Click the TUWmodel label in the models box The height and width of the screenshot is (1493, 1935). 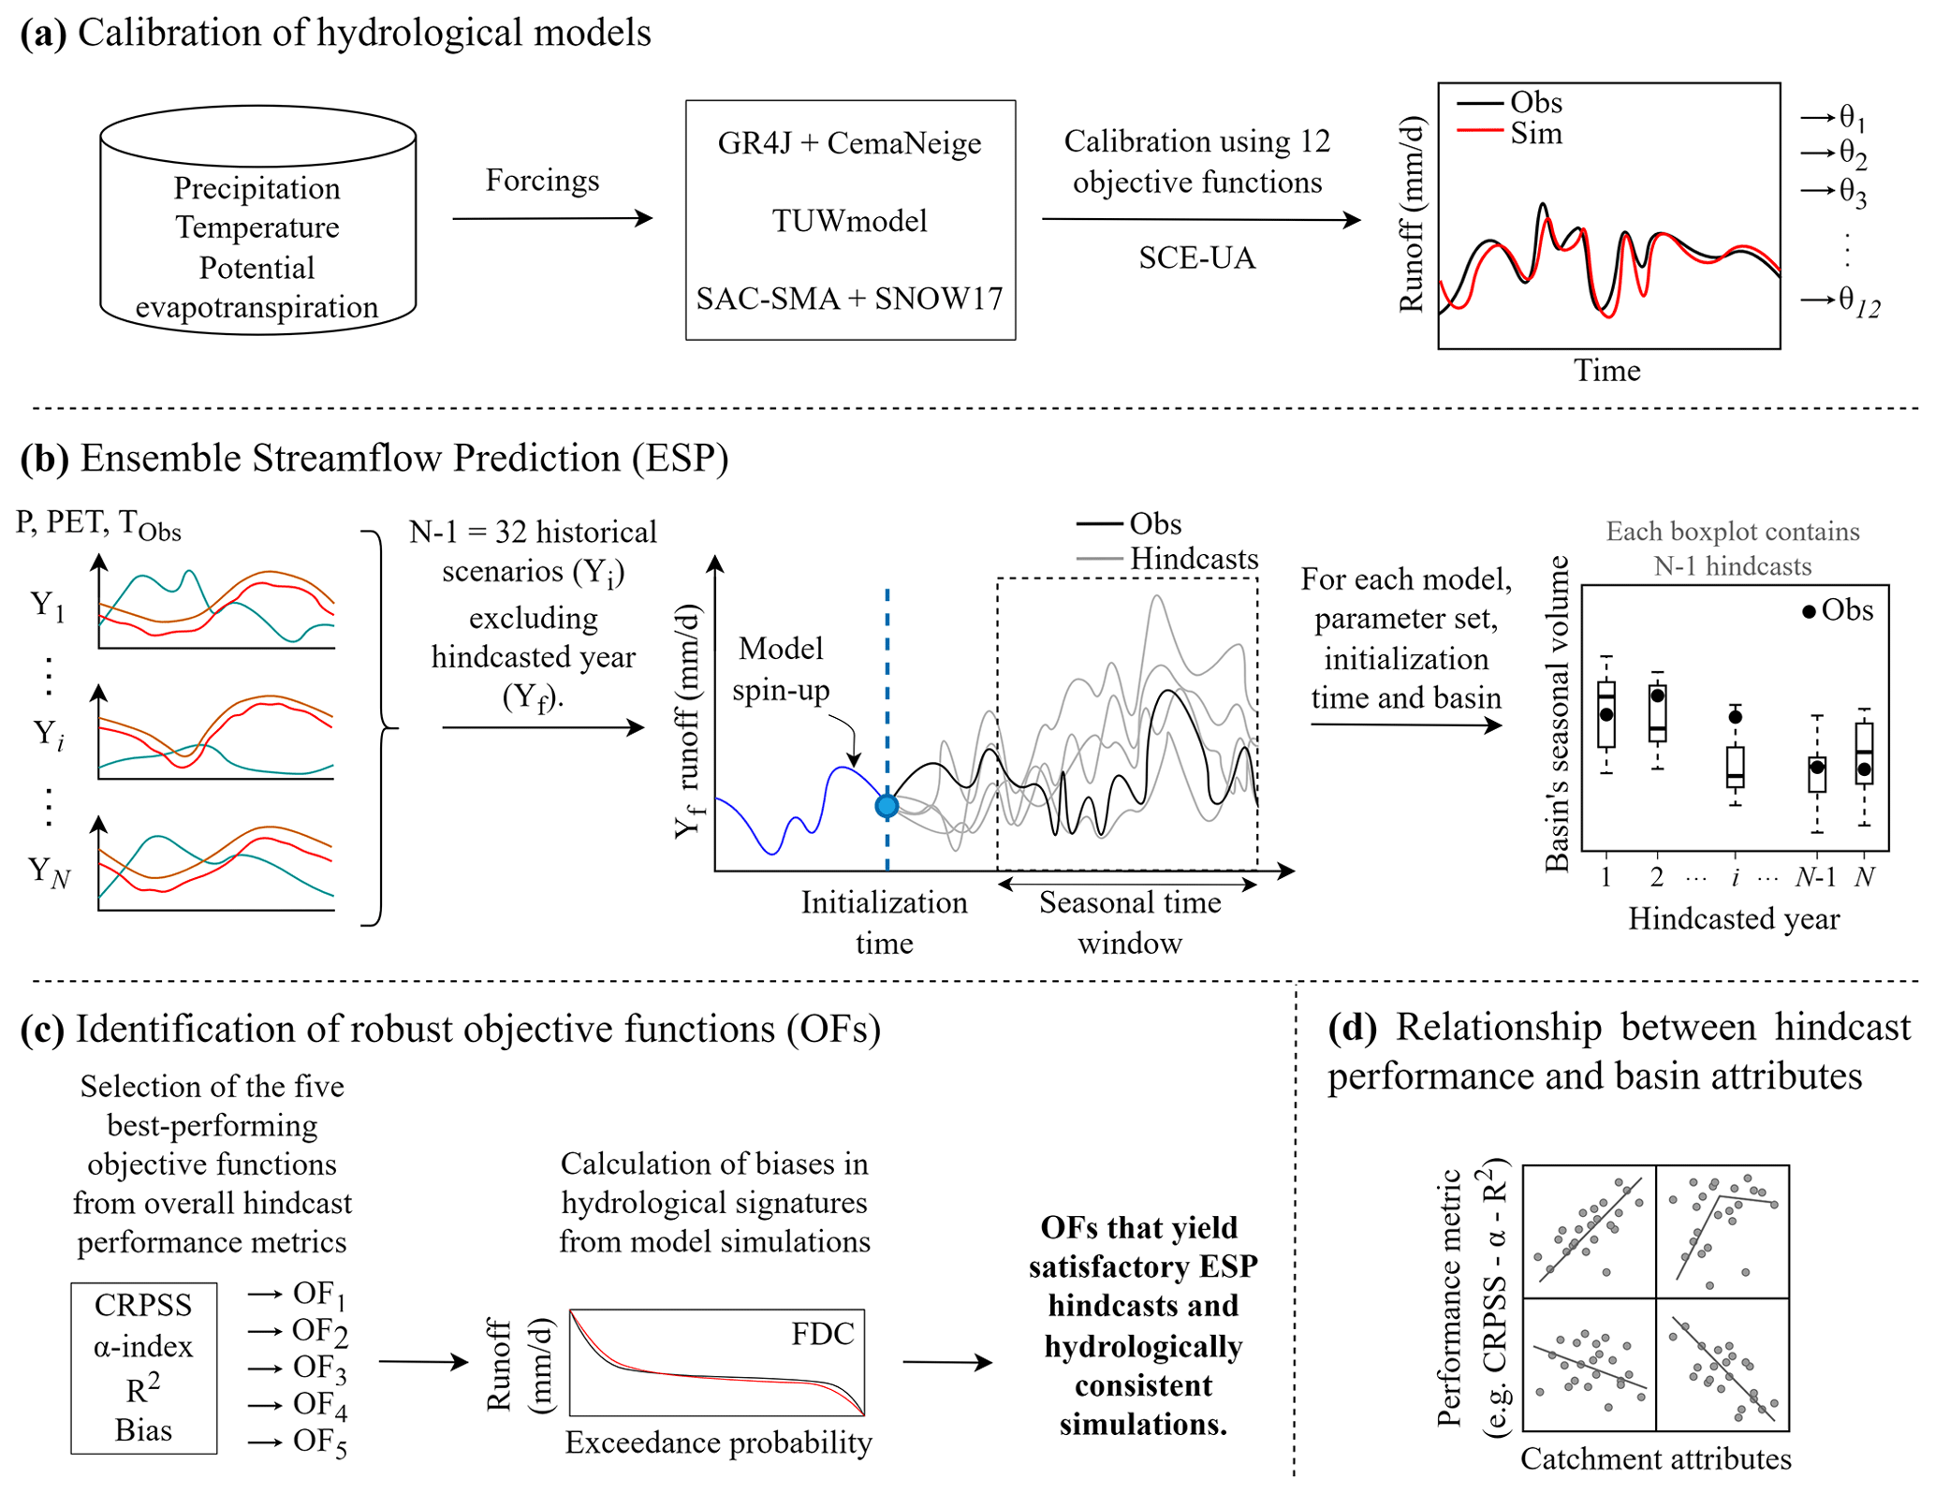click(x=849, y=221)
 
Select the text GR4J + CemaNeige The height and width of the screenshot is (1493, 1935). click(x=849, y=143)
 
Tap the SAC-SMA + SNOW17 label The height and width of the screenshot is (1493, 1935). click(x=849, y=299)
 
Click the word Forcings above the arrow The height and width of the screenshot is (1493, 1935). click(x=542, y=180)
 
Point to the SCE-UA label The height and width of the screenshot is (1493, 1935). click(x=1196, y=257)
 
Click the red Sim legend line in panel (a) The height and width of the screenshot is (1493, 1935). click(x=1479, y=131)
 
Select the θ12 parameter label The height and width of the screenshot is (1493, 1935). click(x=1858, y=301)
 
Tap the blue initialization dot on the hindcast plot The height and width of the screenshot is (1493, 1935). click(x=887, y=805)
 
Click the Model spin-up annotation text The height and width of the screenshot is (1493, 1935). click(x=781, y=669)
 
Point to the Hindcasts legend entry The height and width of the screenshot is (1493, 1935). click(x=1193, y=559)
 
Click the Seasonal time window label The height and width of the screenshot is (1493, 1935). click(x=1130, y=922)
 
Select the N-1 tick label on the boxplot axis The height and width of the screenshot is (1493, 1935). click(x=1815, y=877)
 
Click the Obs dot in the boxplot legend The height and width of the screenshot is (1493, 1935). click(x=1809, y=612)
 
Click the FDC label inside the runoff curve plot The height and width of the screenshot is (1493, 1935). click(x=822, y=1334)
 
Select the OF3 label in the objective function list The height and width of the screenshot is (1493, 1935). click(x=319, y=1369)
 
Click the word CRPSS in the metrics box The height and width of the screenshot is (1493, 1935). click(x=143, y=1305)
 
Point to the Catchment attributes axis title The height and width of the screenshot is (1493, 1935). click(x=1655, y=1458)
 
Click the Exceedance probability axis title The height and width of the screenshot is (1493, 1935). click(x=718, y=1442)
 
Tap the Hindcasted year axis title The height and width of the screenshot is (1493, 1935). click(x=1734, y=918)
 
